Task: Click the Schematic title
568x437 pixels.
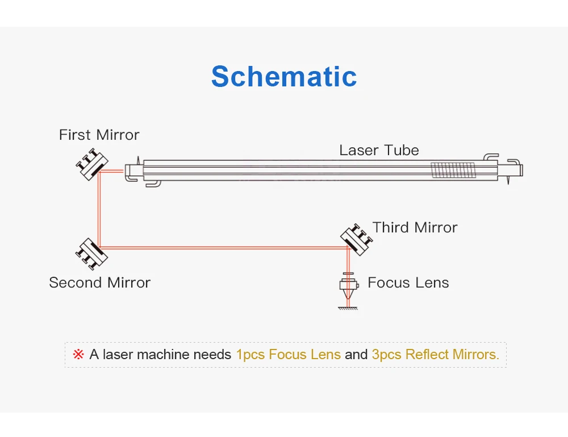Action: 284,77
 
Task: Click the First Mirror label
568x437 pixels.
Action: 99,135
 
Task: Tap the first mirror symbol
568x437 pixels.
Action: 91,165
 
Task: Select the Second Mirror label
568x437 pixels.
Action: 99,282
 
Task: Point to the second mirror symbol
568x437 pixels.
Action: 91,252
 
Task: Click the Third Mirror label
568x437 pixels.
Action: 415,228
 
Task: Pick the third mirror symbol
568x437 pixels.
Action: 356,238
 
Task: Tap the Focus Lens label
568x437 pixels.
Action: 408,282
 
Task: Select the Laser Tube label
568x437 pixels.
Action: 379,151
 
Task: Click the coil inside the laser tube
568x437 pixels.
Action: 452,169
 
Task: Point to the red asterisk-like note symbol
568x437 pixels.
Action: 78,355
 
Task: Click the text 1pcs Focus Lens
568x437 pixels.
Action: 288,355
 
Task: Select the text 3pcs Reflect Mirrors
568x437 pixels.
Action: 435,355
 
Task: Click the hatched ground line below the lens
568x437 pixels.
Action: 348,309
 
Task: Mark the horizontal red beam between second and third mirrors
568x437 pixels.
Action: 222,248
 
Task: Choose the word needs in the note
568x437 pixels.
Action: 212,355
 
